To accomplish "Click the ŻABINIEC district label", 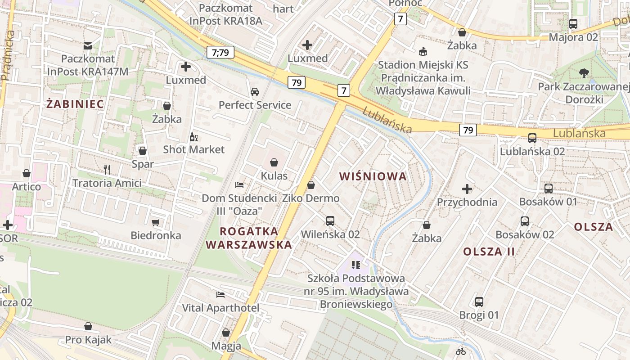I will point(75,104).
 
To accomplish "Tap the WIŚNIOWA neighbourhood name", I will point(373,176).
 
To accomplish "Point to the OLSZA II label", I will point(489,252).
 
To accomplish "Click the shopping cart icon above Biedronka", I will point(156,222).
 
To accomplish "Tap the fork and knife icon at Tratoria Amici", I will point(107,170).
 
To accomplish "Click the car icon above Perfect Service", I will point(255,92).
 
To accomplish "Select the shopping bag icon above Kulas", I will point(274,162).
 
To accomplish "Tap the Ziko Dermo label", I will point(310,198).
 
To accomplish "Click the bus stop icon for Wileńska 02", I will point(330,221).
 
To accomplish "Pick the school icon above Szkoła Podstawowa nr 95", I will point(356,265).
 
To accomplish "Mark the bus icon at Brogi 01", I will point(479,302).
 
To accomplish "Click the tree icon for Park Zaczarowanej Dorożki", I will point(584,73).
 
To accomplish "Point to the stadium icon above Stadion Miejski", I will point(423,52).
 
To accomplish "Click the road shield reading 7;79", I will point(220,52).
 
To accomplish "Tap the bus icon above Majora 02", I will point(573,24).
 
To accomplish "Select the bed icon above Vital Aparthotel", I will point(220,295).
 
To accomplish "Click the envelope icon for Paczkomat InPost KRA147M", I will point(88,45).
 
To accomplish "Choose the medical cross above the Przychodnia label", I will point(467,189).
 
